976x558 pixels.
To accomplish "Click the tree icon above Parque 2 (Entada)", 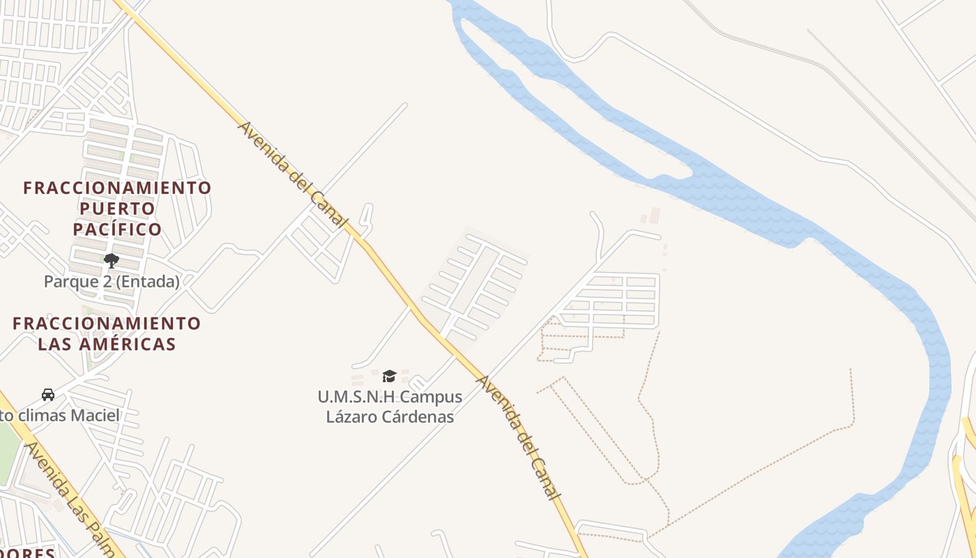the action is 111,262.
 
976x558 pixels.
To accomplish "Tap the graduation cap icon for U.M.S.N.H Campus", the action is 389,377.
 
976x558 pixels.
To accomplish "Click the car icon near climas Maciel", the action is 48,395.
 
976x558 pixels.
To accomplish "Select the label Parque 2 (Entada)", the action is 112,282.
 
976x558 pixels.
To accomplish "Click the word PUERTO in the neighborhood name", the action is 117,209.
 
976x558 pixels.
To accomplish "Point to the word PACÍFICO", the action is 117,229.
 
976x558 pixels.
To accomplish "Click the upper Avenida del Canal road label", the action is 292,174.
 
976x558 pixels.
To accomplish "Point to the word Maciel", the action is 98,416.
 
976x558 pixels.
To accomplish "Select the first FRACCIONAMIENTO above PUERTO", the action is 117,188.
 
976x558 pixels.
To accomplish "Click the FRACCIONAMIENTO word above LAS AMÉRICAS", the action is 107,324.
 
